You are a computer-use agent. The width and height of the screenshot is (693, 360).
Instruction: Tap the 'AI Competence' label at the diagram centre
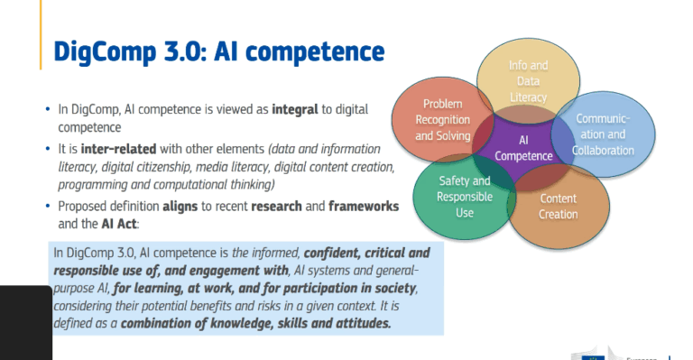coord(523,148)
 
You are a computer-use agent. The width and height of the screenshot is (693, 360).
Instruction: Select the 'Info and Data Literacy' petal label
coord(528,80)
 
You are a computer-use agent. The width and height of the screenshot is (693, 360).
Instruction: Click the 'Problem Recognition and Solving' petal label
coord(442,119)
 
